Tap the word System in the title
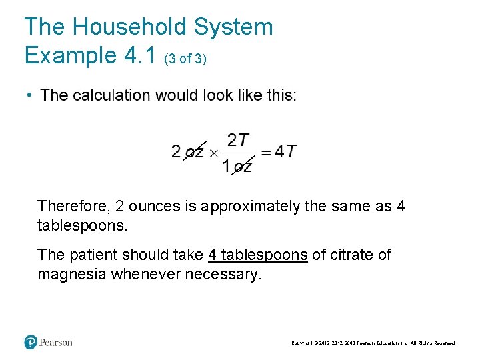point(234,27)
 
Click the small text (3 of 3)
point(185,59)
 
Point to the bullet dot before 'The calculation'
point(30,95)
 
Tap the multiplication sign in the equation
point(213,153)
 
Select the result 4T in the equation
point(286,152)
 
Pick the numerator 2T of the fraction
point(238,140)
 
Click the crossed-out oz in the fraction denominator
point(243,167)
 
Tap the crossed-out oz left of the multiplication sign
point(194,152)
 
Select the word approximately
point(250,206)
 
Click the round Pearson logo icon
point(31,342)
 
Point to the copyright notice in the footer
point(373,343)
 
